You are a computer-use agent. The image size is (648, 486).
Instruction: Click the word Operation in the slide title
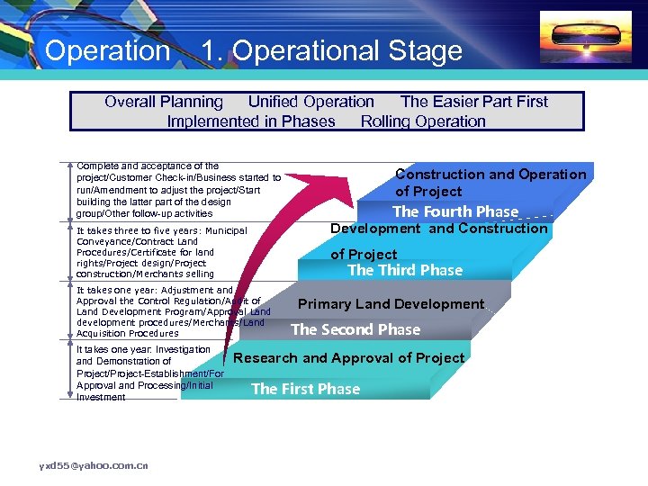click(x=107, y=50)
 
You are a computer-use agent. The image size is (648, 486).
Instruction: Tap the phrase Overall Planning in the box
click(x=163, y=102)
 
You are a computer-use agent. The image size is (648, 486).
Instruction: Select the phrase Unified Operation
click(x=310, y=102)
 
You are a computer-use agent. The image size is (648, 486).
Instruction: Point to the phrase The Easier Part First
click(x=473, y=102)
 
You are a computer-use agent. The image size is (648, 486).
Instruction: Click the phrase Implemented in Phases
click(x=250, y=121)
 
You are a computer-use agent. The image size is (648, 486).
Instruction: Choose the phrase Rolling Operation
click(x=423, y=121)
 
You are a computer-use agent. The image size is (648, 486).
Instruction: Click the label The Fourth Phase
click(x=455, y=211)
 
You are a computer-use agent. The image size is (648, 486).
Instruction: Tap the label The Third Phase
click(x=405, y=270)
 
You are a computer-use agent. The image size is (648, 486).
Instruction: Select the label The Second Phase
click(x=355, y=329)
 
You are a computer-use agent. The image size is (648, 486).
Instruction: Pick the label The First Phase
click(x=305, y=389)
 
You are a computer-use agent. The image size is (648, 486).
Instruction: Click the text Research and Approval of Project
click(x=349, y=358)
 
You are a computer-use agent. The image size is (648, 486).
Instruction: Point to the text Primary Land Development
click(x=391, y=304)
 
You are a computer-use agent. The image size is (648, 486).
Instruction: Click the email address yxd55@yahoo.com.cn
click(x=94, y=464)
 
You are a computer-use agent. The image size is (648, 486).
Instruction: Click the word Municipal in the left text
click(x=226, y=230)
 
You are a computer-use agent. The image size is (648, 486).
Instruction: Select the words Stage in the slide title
click(x=424, y=50)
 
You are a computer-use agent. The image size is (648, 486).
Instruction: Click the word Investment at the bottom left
click(x=101, y=397)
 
